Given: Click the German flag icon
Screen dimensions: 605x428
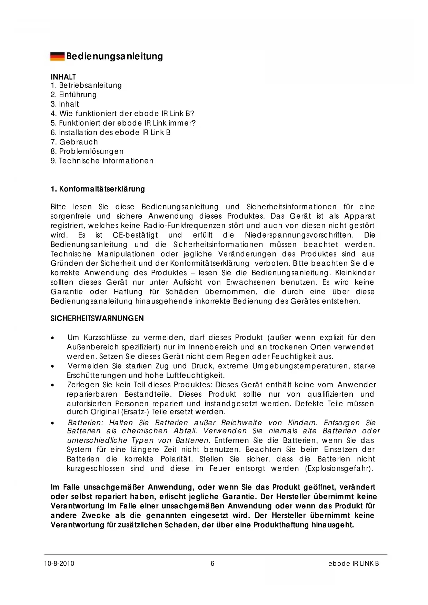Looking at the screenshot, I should (x=57, y=56).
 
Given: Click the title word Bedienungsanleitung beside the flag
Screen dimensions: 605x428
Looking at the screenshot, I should (x=115, y=56).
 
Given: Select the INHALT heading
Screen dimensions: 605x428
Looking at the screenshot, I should (x=63, y=77).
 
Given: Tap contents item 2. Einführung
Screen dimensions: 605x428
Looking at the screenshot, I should (x=73, y=95).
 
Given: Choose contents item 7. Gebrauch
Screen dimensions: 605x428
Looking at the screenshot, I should (x=74, y=142).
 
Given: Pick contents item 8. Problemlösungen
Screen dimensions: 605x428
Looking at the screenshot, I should (x=87, y=151).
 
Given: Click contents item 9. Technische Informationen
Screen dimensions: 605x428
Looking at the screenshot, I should (x=102, y=161).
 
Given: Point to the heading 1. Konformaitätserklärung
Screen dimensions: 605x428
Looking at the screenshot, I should (x=98, y=189).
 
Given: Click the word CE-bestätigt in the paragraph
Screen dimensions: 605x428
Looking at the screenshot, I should (x=135, y=235).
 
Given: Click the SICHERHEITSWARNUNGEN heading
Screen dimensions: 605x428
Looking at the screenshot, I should (x=97, y=318).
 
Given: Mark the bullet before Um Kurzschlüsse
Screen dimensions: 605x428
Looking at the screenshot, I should (x=52, y=338).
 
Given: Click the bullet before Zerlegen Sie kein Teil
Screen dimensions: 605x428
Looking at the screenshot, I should (x=52, y=385).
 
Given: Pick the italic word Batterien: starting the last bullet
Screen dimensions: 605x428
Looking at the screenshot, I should (x=85, y=423).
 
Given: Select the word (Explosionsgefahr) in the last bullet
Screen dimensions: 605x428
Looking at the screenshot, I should (x=339, y=468).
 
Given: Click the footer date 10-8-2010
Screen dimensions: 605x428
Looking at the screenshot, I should (x=59, y=564).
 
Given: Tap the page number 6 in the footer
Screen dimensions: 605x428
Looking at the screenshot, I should (x=212, y=564).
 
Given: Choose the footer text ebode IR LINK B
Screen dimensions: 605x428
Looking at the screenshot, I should (x=354, y=564).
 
